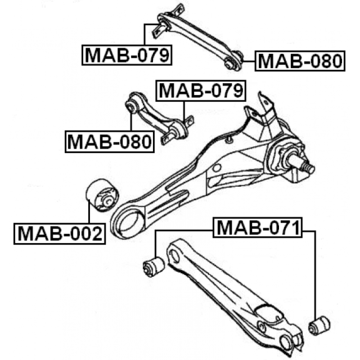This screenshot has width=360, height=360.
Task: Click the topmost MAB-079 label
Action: [x=128, y=55]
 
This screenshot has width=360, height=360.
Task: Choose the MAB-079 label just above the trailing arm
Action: [x=201, y=91]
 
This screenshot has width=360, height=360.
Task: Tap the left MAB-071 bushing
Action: [x=153, y=266]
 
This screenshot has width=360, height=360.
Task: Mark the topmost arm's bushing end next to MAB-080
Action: [x=233, y=62]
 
